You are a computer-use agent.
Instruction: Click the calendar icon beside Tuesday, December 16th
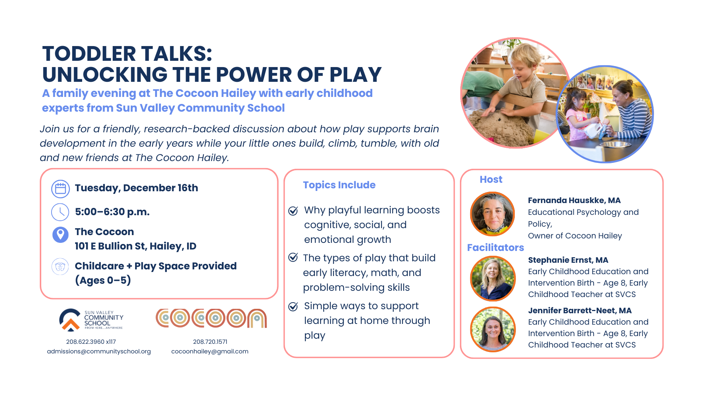tap(60, 189)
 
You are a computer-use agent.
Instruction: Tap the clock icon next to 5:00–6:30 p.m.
tap(60, 212)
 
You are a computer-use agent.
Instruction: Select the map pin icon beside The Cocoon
tap(60, 234)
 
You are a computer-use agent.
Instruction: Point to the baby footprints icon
tap(60, 266)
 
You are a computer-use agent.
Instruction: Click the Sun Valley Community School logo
tap(91, 320)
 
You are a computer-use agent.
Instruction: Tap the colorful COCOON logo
tap(211, 318)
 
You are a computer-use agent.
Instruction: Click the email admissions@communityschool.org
tap(99, 352)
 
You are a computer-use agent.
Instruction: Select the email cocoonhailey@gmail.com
tap(210, 352)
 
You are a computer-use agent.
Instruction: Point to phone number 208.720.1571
tap(210, 342)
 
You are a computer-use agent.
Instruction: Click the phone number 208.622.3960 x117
tap(91, 342)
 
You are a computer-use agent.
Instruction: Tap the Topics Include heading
tap(339, 185)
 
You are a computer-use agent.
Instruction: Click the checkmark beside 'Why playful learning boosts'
tap(293, 211)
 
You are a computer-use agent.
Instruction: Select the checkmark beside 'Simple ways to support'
tap(293, 307)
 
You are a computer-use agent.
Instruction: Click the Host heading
tap(491, 179)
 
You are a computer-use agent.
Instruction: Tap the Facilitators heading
tap(495, 248)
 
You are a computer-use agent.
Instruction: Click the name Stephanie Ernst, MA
tap(568, 260)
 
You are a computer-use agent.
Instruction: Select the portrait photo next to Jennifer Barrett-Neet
tap(493, 329)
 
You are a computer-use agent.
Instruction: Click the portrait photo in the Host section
tap(493, 214)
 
